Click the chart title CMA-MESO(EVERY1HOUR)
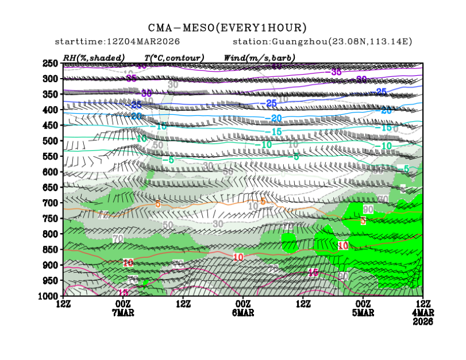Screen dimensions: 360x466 coord(228,28)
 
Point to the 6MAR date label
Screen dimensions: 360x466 coord(243,312)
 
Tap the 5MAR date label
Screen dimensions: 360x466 coord(363,312)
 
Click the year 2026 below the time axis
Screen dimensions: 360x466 coord(423,322)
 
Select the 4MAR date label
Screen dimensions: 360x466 coord(423,312)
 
